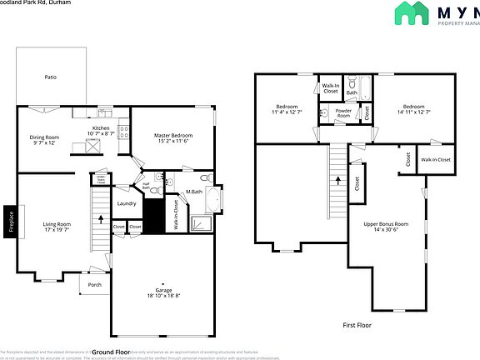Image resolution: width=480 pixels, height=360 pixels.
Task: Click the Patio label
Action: click(x=51, y=77)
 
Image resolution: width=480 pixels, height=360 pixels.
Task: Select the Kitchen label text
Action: click(x=101, y=129)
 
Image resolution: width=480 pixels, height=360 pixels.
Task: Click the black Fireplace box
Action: click(x=9, y=222)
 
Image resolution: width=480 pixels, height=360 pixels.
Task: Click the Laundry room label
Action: click(x=127, y=202)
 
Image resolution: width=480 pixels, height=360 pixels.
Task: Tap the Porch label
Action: click(x=94, y=284)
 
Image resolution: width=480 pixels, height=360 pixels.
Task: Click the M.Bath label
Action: click(x=194, y=192)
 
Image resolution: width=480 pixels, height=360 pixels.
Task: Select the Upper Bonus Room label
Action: click(x=386, y=225)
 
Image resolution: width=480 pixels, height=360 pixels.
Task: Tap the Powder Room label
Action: click(x=343, y=112)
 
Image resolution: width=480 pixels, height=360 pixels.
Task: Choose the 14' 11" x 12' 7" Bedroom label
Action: click(x=414, y=109)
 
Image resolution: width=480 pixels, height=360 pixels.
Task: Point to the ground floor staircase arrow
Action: click(x=101, y=219)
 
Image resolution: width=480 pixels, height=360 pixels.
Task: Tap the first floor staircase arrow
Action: click(x=337, y=178)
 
